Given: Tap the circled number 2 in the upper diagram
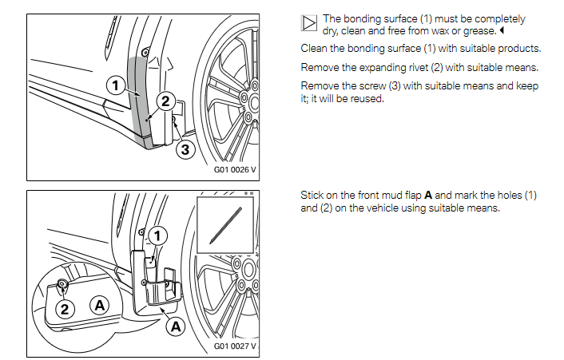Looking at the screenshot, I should [165, 101].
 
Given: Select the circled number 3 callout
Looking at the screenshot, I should [184, 148].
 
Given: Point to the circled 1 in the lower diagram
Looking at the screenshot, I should [157, 235].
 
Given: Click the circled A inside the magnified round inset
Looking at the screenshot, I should [99, 304].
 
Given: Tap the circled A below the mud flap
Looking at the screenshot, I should [174, 325].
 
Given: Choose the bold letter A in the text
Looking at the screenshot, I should [429, 196].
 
